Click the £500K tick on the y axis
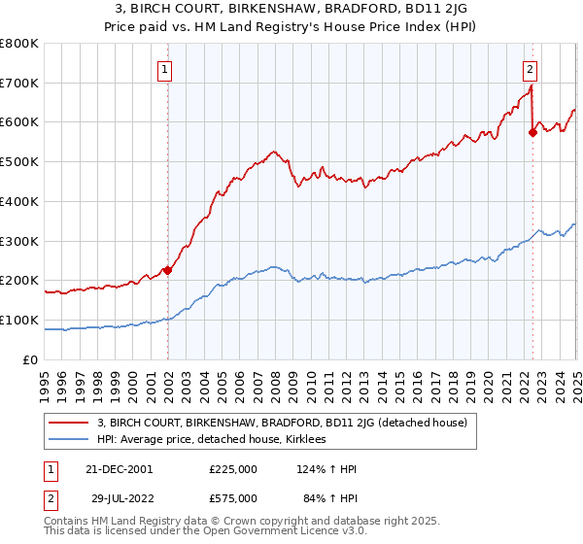(21, 162)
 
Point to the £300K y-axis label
(21, 241)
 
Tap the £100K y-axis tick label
(21, 320)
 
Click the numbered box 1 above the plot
(165, 69)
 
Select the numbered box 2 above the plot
(531, 69)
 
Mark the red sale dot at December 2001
(167, 271)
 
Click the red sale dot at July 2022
(532, 133)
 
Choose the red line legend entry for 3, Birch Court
(283, 423)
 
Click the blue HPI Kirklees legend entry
(224, 440)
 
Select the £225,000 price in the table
(233, 468)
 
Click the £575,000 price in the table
(233, 497)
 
